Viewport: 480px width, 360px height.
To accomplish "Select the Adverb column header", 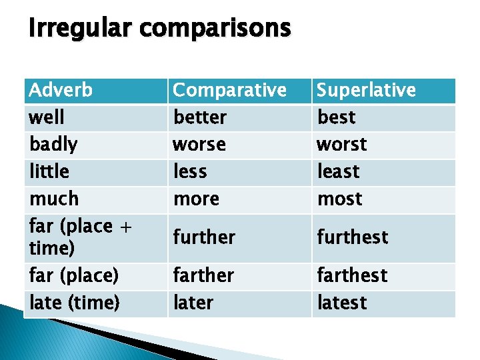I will tap(61, 90).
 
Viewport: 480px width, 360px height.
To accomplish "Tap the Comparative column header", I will tap(229, 90).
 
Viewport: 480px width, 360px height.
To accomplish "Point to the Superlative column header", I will tap(366, 90).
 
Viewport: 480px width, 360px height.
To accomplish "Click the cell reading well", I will tap(47, 117).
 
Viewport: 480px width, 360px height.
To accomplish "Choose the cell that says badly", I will tap(53, 145).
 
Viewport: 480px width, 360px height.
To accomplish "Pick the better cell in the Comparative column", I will tap(200, 117).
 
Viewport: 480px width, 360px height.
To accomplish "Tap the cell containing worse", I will tap(199, 145).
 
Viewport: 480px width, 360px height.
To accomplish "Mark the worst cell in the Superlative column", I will tap(342, 145).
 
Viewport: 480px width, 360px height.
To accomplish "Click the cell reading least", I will tap(338, 172).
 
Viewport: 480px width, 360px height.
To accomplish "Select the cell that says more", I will tap(196, 199).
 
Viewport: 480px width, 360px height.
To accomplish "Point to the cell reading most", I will tap(340, 199).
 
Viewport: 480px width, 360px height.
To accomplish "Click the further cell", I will tap(204, 237).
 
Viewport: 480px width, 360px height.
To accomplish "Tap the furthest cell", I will tap(353, 237).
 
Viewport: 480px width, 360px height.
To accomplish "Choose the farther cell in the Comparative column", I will tap(203, 275).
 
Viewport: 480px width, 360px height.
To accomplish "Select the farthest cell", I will tap(352, 275).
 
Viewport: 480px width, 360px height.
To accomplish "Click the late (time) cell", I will tap(75, 303).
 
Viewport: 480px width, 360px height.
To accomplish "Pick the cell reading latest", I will tap(342, 303).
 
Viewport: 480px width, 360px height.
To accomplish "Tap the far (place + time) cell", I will tap(80, 237).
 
